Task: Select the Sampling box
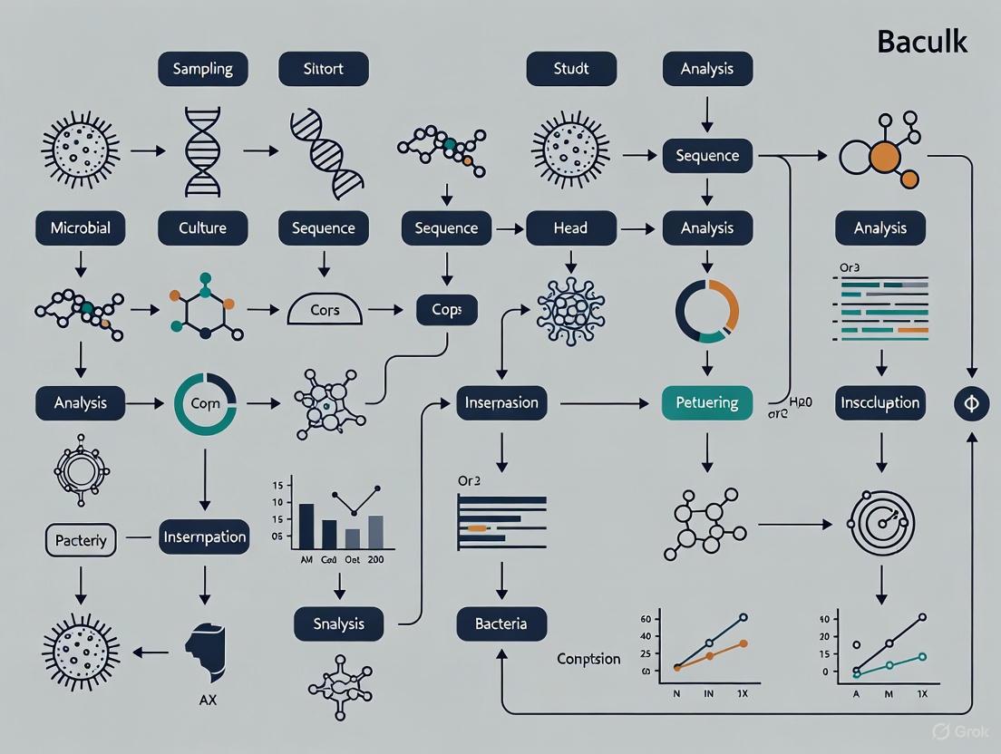coord(202,69)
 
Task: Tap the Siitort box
coord(323,69)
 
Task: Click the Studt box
coord(571,69)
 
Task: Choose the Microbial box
coord(81,228)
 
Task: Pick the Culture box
coord(202,228)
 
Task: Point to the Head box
coord(571,228)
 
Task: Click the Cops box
coord(446,310)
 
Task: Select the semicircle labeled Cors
coord(325,310)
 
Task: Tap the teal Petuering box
coord(708,402)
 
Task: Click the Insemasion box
coord(501,402)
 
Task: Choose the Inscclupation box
coord(880,402)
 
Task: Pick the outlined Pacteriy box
coord(81,540)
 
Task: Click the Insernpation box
coord(204,536)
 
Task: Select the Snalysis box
coord(338,623)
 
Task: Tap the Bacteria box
coord(501,623)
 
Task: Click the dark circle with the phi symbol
coord(971,403)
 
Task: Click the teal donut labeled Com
coord(205,402)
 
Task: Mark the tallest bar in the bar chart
coord(306,526)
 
